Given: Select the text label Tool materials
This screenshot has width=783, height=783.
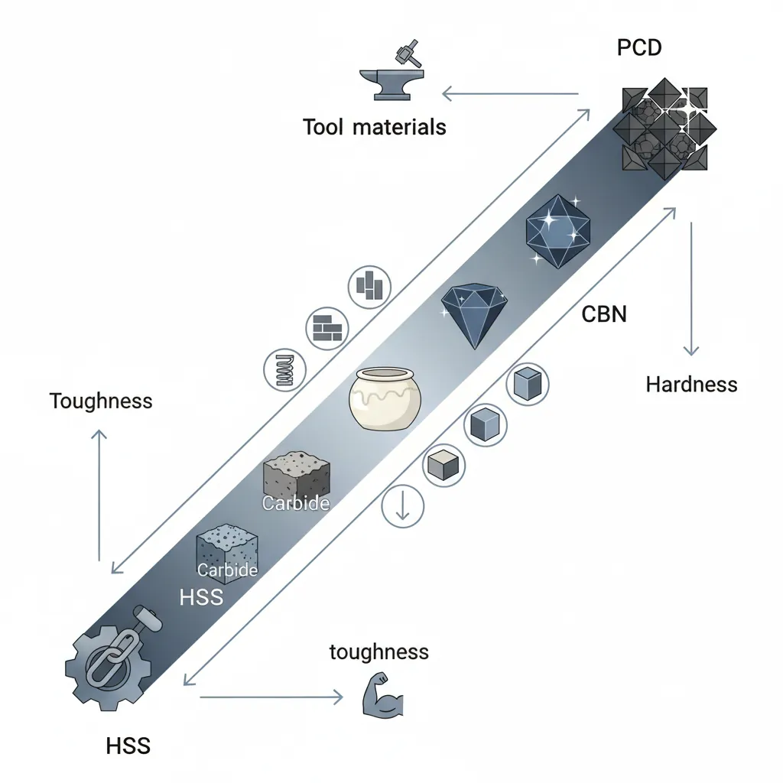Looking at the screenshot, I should click(x=374, y=127).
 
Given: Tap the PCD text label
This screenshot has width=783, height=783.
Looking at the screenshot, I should click(x=638, y=47).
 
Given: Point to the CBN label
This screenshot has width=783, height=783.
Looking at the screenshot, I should click(x=604, y=314).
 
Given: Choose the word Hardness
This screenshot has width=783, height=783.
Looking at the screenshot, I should click(x=691, y=384).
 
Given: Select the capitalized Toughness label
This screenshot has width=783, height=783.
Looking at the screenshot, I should click(x=101, y=401).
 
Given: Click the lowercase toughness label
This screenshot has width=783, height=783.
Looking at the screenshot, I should click(x=379, y=651).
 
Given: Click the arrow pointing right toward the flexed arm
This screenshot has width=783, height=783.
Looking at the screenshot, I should click(x=271, y=697).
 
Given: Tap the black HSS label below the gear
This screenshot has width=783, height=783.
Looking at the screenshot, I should click(x=128, y=746).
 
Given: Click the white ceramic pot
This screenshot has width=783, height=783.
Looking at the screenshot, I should click(x=385, y=398).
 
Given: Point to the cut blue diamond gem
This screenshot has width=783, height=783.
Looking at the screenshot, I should click(x=473, y=314).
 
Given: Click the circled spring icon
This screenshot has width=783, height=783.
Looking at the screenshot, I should click(x=284, y=369).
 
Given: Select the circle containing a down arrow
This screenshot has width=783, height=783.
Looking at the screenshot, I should click(x=402, y=505).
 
